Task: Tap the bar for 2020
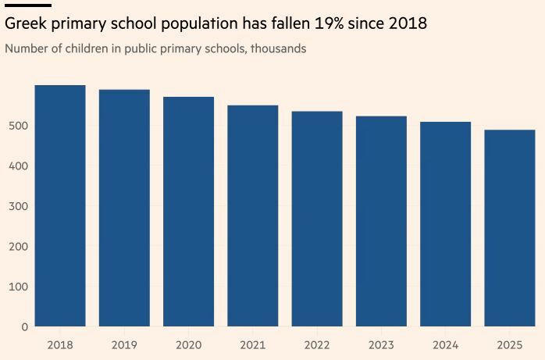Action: [x=188, y=212]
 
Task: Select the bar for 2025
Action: [x=510, y=228]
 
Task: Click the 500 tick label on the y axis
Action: [x=20, y=126]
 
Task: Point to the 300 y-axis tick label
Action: [x=20, y=206]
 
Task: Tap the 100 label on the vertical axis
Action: [x=20, y=287]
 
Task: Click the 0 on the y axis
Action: [x=25, y=327]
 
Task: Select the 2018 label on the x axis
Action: [x=60, y=344]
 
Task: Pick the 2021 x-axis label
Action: [x=253, y=344]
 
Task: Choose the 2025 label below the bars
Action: [x=510, y=344]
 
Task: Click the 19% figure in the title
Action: [x=330, y=23]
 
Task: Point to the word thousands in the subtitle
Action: [x=278, y=48]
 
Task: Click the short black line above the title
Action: [x=28, y=5]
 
